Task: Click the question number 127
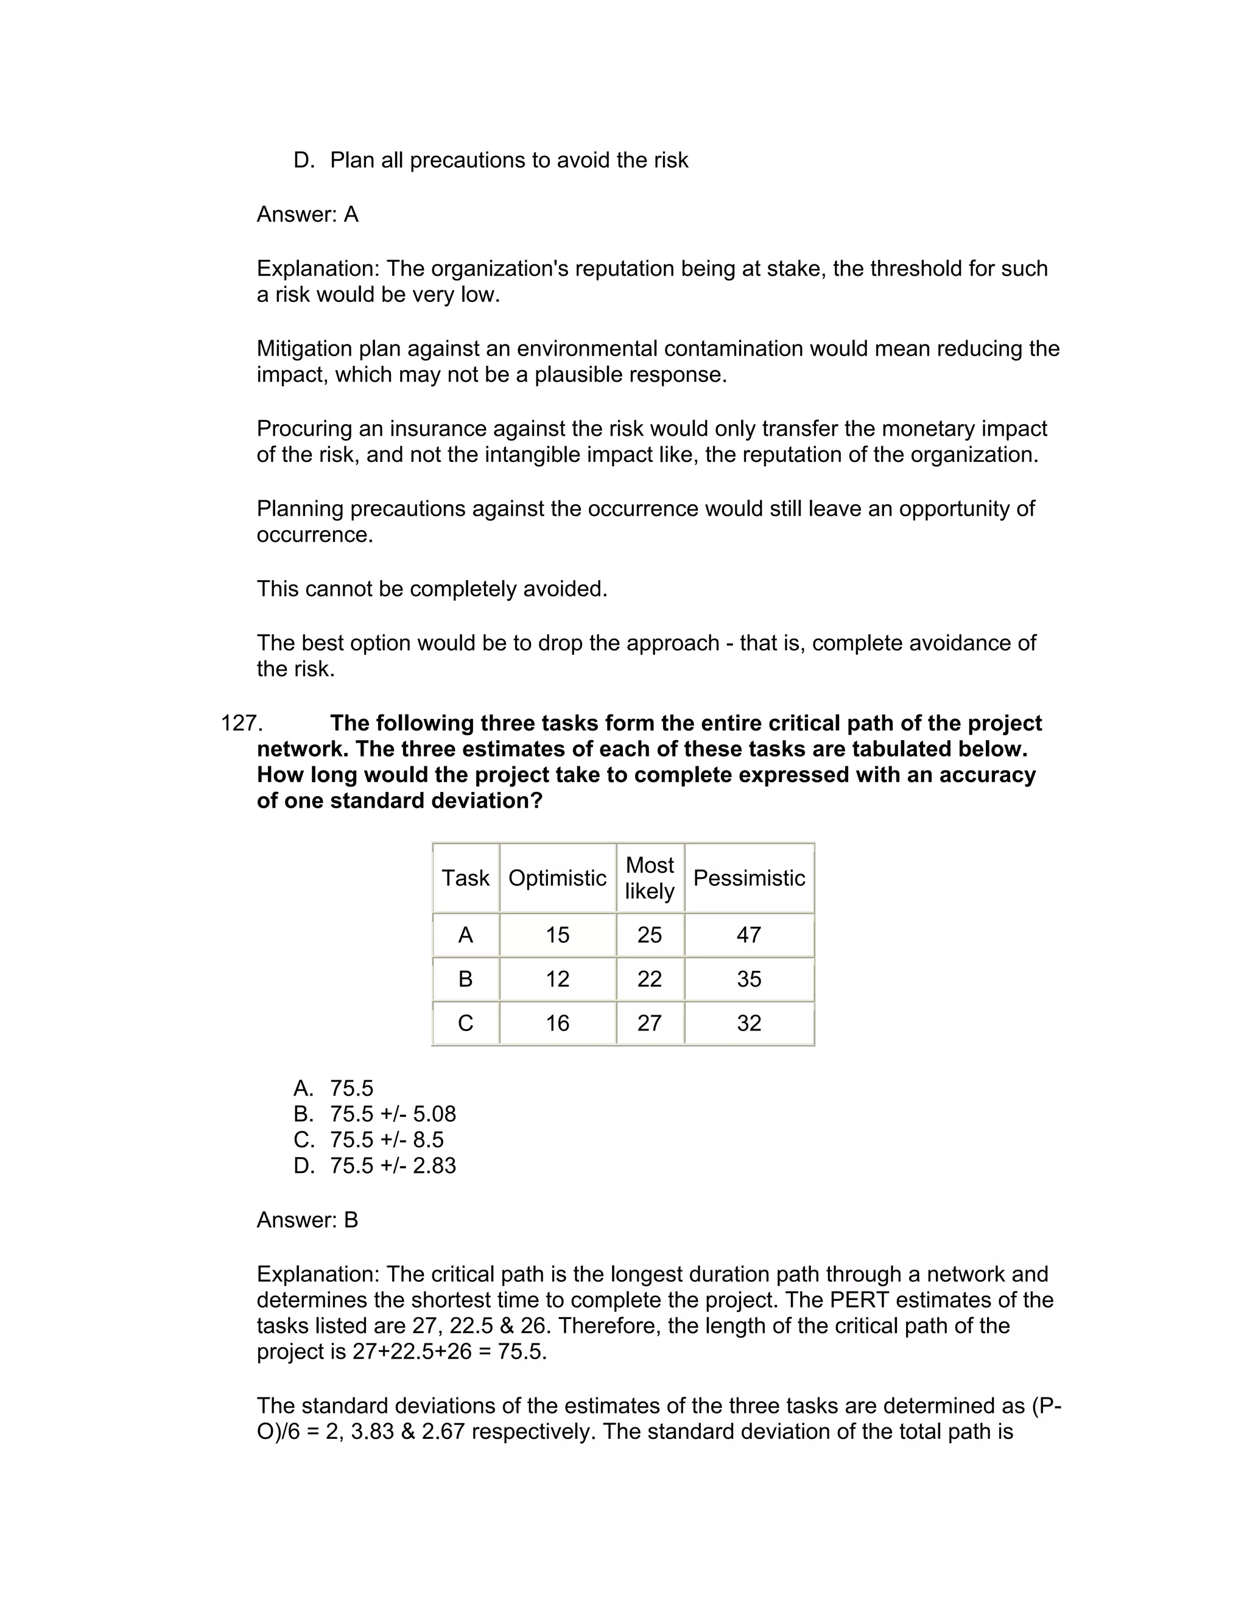click(242, 723)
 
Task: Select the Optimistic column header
click(557, 878)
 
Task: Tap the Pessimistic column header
click(748, 878)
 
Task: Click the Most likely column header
click(649, 878)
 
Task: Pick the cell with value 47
click(748, 935)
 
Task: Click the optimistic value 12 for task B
click(557, 979)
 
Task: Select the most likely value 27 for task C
click(649, 1023)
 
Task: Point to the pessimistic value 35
click(748, 979)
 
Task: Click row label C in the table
click(465, 1023)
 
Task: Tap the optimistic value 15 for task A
click(557, 935)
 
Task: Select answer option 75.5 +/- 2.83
click(392, 1166)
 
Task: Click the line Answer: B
click(307, 1219)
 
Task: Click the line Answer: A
click(307, 214)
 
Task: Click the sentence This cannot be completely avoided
click(432, 589)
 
